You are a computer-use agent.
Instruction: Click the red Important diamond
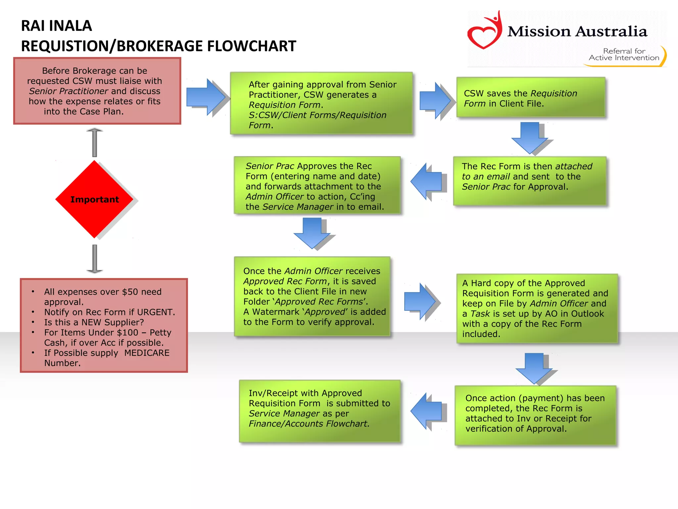click(x=94, y=199)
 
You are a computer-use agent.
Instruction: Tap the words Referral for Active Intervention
click(x=624, y=54)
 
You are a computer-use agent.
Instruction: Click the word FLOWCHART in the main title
click(x=251, y=46)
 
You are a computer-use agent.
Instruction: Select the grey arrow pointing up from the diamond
click(x=95, y=142)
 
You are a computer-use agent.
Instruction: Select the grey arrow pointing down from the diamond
click(x=95, y=259)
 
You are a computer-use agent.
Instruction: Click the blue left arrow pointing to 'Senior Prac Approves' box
click(x=427, y=181)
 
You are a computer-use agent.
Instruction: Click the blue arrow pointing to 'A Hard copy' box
click(x=420, y=301)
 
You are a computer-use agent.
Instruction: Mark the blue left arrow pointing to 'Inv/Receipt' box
click(x=427, y=411)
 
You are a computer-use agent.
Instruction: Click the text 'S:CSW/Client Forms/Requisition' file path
click(x=317, y=115)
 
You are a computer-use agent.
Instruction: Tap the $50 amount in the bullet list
click(x=130, y=292)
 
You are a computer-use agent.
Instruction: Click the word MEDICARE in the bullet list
click(x=147, y=353)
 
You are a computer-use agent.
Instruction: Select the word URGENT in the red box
click(x=155, y=312)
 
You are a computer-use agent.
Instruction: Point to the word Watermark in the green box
click(x=276, y=312)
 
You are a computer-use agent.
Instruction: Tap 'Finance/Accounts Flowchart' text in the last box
click(x=309, y=424)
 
